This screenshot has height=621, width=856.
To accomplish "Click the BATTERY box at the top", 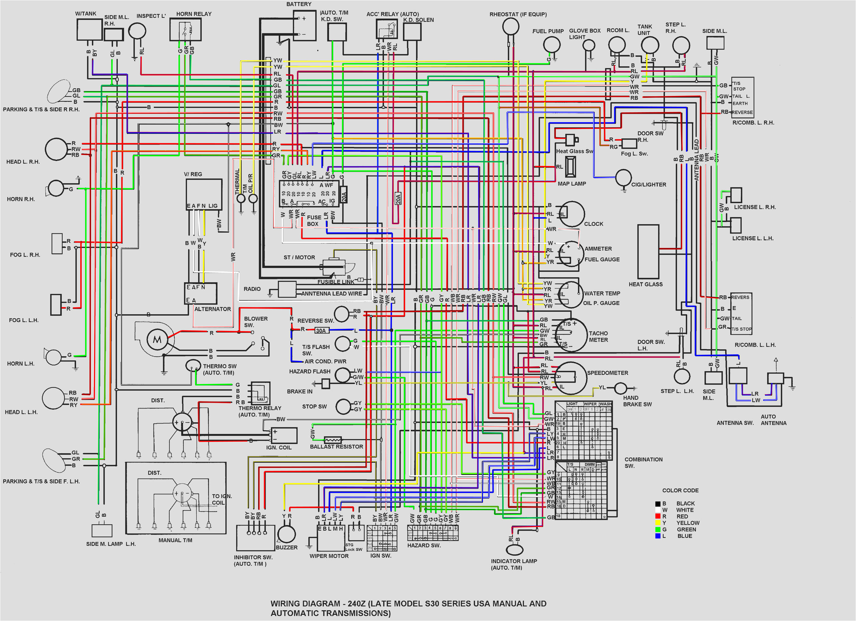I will pos(304,26).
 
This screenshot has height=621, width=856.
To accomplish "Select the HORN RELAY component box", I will pos(185,29).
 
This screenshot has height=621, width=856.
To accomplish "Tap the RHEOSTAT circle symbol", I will pos(511,26).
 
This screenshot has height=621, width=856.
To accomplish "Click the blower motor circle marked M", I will pos(157,340).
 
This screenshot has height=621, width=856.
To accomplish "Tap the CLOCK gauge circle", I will pos(572,214).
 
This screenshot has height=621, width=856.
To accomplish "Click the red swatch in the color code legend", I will pos(658,516).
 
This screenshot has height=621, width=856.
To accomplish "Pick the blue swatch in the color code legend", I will pos(658,536).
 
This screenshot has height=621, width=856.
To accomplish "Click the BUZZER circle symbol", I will pos(286,534).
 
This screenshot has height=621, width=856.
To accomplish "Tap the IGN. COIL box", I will pos(284,435).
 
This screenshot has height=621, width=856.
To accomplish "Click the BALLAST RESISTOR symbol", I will pos(333,440).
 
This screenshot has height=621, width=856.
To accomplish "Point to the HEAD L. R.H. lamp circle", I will pos(56,149).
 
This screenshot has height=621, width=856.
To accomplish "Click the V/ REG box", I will pos(204,194).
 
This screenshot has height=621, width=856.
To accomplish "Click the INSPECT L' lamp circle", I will pos(137,31).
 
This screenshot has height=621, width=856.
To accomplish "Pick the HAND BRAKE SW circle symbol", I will pos(621,388).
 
